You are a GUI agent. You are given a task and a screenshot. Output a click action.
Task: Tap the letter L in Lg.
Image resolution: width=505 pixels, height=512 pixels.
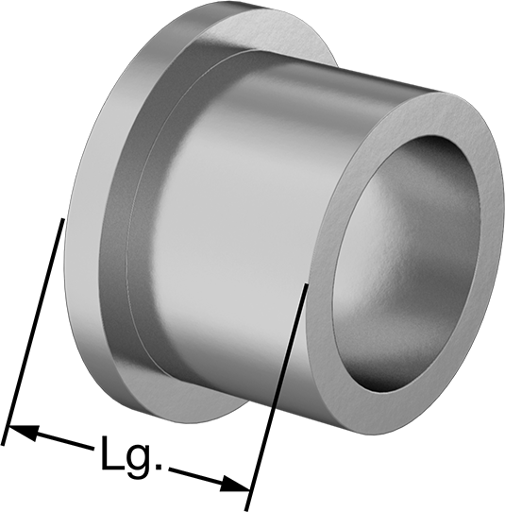(112, 452)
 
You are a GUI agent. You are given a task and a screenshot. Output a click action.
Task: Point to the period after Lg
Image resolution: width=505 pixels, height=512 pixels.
(159, 466)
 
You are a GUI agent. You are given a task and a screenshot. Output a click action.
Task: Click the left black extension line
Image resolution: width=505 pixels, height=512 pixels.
(33, 332)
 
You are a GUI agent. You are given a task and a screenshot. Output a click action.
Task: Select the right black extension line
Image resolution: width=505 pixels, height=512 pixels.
(277, 397)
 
